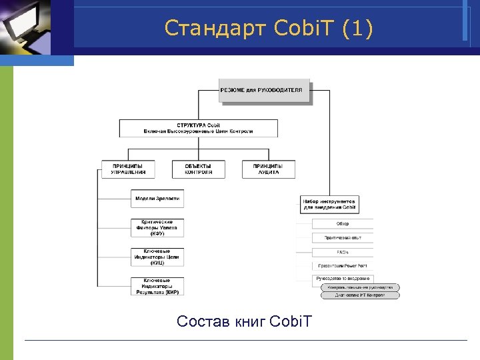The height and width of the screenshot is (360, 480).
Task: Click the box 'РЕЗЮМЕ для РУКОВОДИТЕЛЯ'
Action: coord(265,91)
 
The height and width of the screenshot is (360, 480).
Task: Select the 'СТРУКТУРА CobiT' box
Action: coord(199,128)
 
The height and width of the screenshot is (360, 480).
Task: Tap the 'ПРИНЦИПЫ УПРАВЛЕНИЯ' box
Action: coord(127,169)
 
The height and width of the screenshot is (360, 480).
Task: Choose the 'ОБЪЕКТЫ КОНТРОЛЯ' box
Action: coord(198,169)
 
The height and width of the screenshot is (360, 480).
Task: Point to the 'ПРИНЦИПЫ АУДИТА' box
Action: coord(268,169)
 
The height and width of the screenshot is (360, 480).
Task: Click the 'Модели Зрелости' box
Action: coord(157,199)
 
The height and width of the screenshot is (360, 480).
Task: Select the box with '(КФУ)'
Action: coord(157,227)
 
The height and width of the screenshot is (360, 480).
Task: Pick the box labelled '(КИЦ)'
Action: coord(157,257)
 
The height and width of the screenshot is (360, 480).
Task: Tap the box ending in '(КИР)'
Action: coord(157,286)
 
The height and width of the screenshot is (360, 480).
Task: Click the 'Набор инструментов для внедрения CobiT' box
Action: coord(330,203)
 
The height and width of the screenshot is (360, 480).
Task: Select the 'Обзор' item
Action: coord(343,224)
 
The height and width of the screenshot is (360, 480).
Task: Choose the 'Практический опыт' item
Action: coord(343,238)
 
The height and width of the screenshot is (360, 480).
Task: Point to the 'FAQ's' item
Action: coord(343,252)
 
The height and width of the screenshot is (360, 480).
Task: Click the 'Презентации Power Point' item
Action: coord(343,265)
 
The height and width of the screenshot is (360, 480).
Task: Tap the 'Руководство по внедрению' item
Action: coord(343,279)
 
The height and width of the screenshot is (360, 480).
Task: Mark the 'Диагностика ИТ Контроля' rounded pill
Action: coord(361,295)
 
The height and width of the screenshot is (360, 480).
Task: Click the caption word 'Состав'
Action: coord(204,322)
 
